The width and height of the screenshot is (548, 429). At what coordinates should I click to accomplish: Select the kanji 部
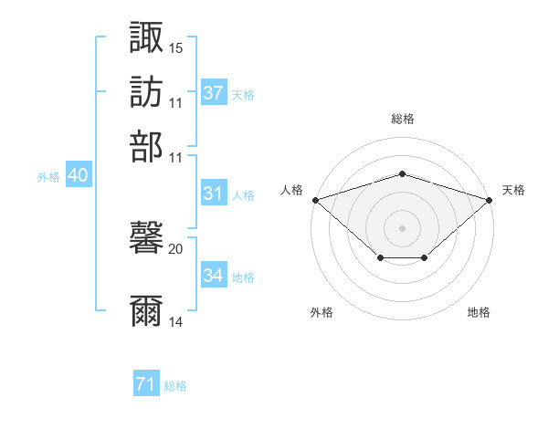(147, 147)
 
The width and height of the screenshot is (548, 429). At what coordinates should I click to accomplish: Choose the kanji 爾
(147, 311)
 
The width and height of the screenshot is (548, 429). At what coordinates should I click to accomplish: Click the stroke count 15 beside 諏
(176, 47)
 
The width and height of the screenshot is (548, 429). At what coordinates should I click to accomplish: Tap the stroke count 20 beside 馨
(176, 248)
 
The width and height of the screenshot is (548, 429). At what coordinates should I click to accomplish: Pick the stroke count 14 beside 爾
(176, 322)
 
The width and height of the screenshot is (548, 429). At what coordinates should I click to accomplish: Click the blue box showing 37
(214, 92)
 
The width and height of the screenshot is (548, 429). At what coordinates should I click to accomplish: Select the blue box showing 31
(214, 194)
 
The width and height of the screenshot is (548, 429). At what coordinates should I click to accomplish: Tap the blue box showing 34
(214, 276)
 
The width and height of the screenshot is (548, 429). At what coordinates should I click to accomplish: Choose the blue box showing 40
(78, 176)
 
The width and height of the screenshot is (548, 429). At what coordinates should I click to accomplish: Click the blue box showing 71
(146, 384)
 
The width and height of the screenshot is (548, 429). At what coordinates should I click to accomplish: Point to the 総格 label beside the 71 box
(175, 386)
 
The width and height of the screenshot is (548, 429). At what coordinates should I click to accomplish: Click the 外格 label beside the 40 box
(47, 177)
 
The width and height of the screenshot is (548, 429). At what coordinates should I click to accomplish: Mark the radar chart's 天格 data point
(490, 199)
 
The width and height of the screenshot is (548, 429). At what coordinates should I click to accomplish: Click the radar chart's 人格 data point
(314, 199)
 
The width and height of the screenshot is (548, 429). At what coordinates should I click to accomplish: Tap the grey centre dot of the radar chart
(402, 227)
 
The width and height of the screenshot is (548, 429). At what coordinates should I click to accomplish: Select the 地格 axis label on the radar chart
(479, 312)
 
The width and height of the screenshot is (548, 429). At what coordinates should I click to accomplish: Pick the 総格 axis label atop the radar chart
(402, 120)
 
